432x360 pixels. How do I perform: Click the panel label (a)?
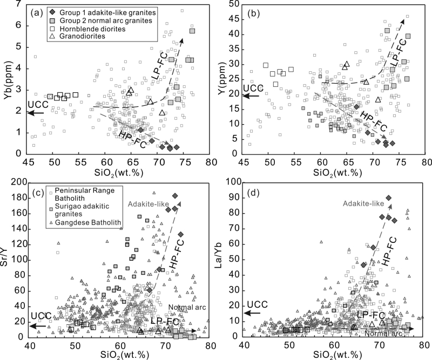pyautogui.click(x=38, y=11)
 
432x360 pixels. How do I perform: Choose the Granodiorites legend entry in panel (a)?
pyautogui.click(x=78, y=38)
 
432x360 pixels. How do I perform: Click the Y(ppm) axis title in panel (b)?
pyautogui.click(x=224, y=80)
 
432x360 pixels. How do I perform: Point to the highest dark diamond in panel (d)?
pyautogui.click(x=388, y=198)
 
